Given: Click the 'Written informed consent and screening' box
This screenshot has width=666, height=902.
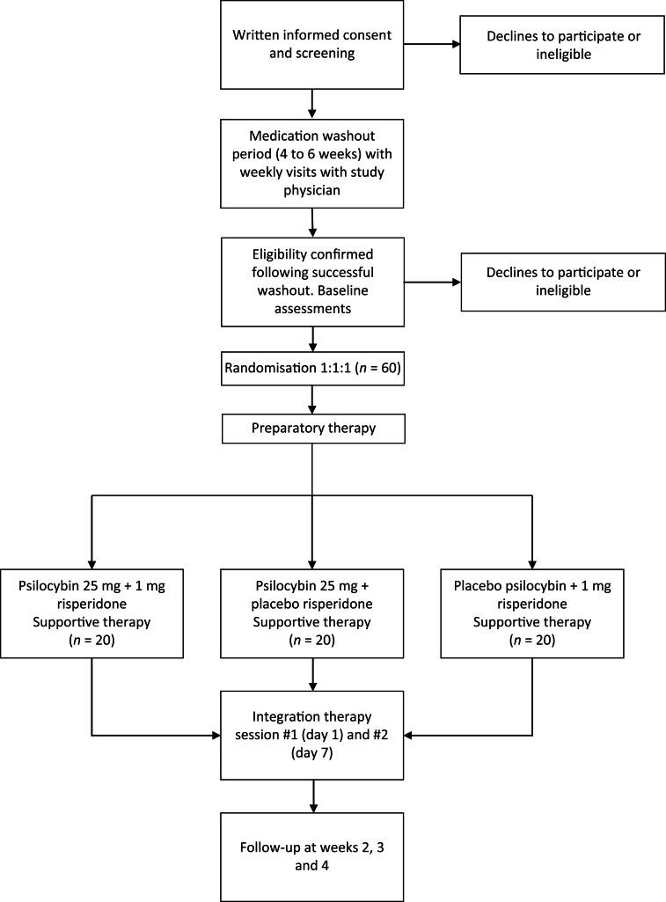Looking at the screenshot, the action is pyautogui.click(x=311, y=44).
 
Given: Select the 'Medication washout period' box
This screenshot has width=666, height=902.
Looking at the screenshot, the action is pyautogui.click(x=311, y=164).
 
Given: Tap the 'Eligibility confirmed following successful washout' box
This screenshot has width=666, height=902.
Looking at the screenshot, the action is pyautogui.click(x=312, y=282).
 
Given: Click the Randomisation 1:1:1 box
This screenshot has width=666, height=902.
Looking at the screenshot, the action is pyautogui.click(x=312, y=368).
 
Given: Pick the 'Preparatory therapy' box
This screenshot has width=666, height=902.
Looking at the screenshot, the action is pyautogui.click(x=313, y=429).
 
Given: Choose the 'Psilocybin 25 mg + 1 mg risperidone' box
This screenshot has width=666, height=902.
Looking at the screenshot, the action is pyautogui.click(x=92, y=613).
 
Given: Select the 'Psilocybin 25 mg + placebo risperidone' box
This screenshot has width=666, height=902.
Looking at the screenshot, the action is pyautogui.click(x=311, y=613).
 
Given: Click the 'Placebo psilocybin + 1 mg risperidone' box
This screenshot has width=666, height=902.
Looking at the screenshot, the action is pyautogui.click(x=532, y=613).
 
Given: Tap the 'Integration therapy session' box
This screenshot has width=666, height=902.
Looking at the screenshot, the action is pyautogui.click(x=311, y=735).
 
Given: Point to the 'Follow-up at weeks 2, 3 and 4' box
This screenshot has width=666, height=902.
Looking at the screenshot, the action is pyautogui.click(x=311, y=857).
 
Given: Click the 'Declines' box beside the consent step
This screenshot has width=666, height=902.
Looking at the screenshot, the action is pyautogui.click(x=562, y=45).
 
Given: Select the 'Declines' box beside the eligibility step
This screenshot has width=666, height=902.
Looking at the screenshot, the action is pyautogui.click(x=563, y=282).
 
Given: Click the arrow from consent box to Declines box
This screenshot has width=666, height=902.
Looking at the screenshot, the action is pyautogui.click(x=432, y=44).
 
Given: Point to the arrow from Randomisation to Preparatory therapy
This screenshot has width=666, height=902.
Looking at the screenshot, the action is pyautogui.click(x=312, y=400).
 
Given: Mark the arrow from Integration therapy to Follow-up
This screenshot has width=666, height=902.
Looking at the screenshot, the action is pyautogui.click(x=312, y=796).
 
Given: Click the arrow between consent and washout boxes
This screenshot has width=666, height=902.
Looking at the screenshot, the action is pyautogui.click(x=311, y=104).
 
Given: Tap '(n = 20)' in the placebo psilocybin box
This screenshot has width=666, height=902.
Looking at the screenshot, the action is pyautogui.click(x=532, y=641).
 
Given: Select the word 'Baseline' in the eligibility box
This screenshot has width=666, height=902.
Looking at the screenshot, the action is pyautogui.click(x=344, y=290).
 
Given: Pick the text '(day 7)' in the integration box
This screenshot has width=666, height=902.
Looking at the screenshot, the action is pyautogui.click(x=311, y=753).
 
